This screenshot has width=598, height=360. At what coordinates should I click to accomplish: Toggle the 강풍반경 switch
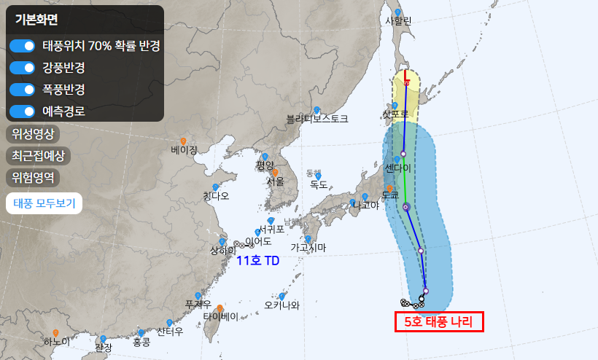click(x=23, y=68)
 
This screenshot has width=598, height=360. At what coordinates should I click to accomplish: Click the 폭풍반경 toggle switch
click(x=23, y=90)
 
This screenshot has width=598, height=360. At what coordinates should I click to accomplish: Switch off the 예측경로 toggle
click(x=23, y=111)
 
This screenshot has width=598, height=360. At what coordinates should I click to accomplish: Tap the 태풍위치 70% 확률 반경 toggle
click(x=23, y=46)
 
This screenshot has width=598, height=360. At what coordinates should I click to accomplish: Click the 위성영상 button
click(x=33, y=134)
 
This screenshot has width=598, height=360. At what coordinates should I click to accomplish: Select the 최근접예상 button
click(x=38, y=155)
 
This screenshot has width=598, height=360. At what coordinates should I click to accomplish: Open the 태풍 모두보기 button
click(x=44, y=203)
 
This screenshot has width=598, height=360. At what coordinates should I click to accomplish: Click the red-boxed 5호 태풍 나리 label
click(x=439, y=321)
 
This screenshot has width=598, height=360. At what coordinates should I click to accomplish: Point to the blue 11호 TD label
click(x=259, y=259)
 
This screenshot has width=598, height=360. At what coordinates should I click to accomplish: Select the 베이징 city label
click(x=185, y=150)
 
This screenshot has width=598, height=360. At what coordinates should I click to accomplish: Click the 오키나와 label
click(x=281, y=305)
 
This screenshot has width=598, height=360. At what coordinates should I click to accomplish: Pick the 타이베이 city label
click(x=221, y=317)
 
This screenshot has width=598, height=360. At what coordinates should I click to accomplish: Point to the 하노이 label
click(x=57, y=342)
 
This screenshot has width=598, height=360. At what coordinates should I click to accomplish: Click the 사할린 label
click(x=398, y=21)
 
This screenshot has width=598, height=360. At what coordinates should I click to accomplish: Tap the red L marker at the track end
click(x=406, y=74)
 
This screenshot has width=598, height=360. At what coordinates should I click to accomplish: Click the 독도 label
click(x=319, y=184)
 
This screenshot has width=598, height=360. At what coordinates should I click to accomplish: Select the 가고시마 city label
click(x=308, y=248)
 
